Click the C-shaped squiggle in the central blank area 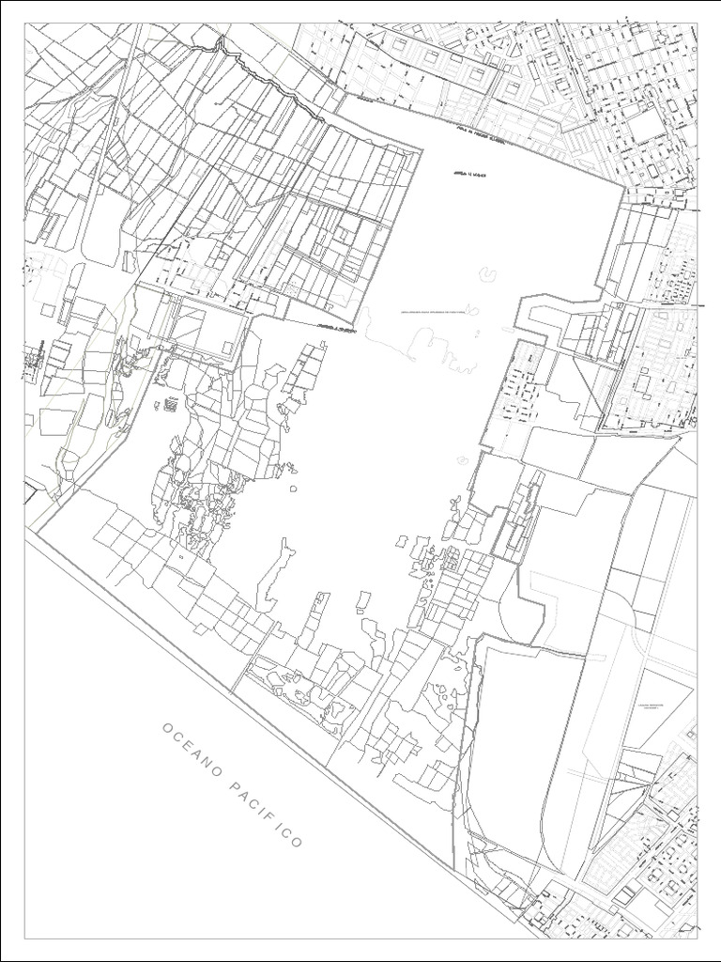click(488, 274)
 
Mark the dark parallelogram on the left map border click(31, 490)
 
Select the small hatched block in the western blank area click(172, 405)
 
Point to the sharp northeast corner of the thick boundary click(622, 186)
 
